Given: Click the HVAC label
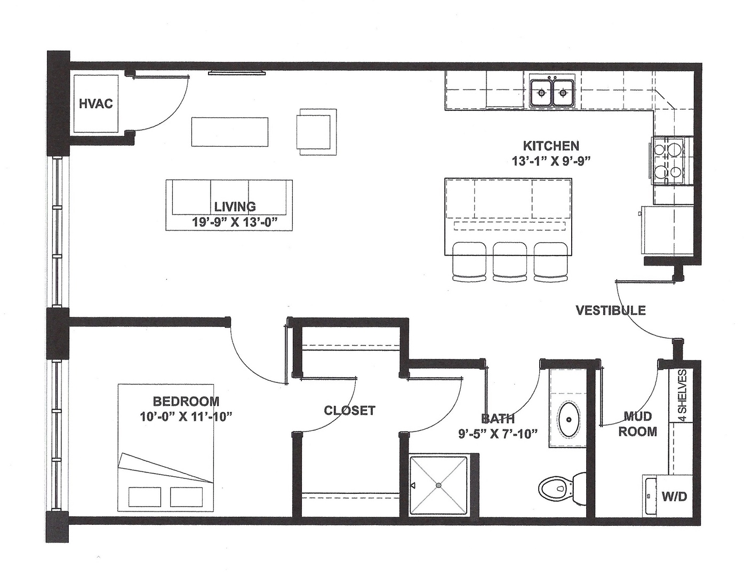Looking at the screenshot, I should (x=96, y=103).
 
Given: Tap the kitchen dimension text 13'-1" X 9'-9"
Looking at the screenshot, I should (x=551, y=161).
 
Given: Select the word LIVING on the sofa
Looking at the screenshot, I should (x=235, y=206).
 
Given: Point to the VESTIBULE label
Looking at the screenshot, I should (x=611, y=310).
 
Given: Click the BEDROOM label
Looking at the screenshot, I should (x=186, y=401).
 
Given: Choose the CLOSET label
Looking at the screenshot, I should (x=349, y=411).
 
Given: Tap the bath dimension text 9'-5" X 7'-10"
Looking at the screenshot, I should (x=498, y=434).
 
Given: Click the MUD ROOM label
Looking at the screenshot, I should (x=637, y=424).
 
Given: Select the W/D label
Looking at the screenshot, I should (x=674, y=497).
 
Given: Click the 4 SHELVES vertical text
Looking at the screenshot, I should (x=682, y=395).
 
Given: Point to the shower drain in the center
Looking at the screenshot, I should (x=438, y=485).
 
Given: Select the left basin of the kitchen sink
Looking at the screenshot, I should (x=541, y=93).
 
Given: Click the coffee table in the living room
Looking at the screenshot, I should (x=230, y=132).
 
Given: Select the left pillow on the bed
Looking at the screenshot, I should (x=145, y=497).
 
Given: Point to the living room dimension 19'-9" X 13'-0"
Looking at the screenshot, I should (x=235, y=222).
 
